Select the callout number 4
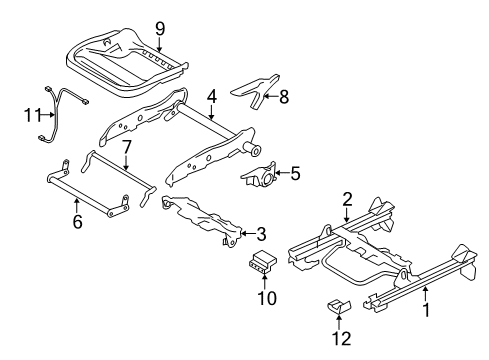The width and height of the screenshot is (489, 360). (211, 97)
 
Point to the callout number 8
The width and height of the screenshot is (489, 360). (283, 98)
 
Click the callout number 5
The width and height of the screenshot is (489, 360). (294, 174)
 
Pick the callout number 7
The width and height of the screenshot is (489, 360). (126, 147)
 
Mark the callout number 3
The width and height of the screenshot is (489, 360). (260, 236)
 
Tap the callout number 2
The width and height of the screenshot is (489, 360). (347, 199)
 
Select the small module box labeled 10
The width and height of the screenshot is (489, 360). (264, 262)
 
